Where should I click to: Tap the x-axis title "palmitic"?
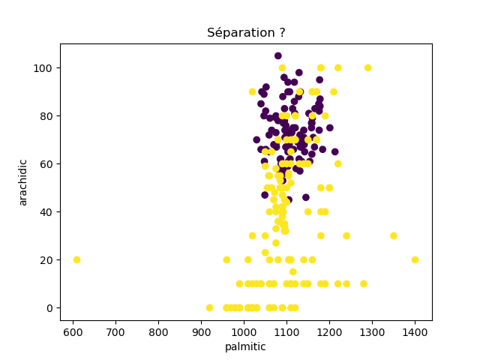click(x=246, y=346)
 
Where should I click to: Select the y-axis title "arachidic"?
click(x=23, y=181)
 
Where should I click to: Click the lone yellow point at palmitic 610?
click(x=76, y=259)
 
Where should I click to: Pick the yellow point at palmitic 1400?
click(x=415, y=259)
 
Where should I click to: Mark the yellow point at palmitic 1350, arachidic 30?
click(x=394, y=235)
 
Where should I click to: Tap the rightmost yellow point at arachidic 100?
click(x=367, y=67)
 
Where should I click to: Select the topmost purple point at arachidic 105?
click(x=278, y=55)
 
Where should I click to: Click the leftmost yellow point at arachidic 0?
click(x=209, y=307)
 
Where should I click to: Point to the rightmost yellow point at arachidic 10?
click(x=364, y=283)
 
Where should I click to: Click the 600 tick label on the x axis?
click(x=73, y=331)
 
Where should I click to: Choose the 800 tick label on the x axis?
click(x=158, y=331)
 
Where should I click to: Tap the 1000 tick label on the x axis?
click(x=244, y=331)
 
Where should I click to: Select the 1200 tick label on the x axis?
click(x=329, y=331)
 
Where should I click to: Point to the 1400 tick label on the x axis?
click(x=415, y=331)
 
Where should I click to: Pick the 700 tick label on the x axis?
click(x=115, y=331)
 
